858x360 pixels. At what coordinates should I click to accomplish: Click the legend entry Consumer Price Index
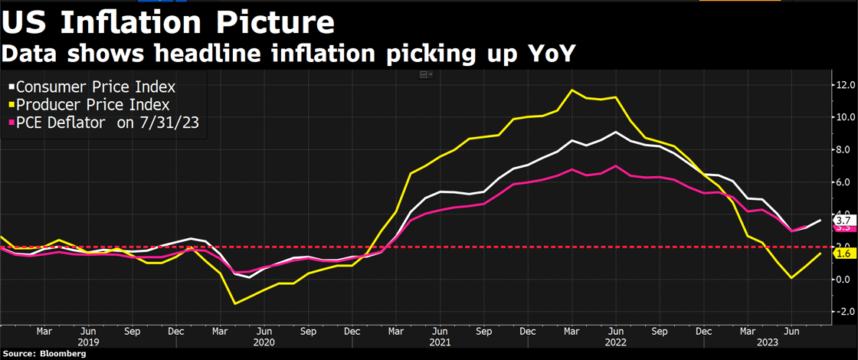pyautogui.click(x=96, y=87)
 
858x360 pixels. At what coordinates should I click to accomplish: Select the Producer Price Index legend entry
pyautogui.click(x=93, y=104)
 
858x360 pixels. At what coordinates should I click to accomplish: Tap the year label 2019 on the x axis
pyautogui.click(x=88, y=343)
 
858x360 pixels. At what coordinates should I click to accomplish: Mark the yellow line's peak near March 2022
pyautogui.click(x=571, y=90)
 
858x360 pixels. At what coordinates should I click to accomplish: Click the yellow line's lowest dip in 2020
pyautogui.click(x=234, y=304)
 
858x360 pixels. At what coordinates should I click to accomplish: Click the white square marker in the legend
pyautogui.click(x=10, y=87)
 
